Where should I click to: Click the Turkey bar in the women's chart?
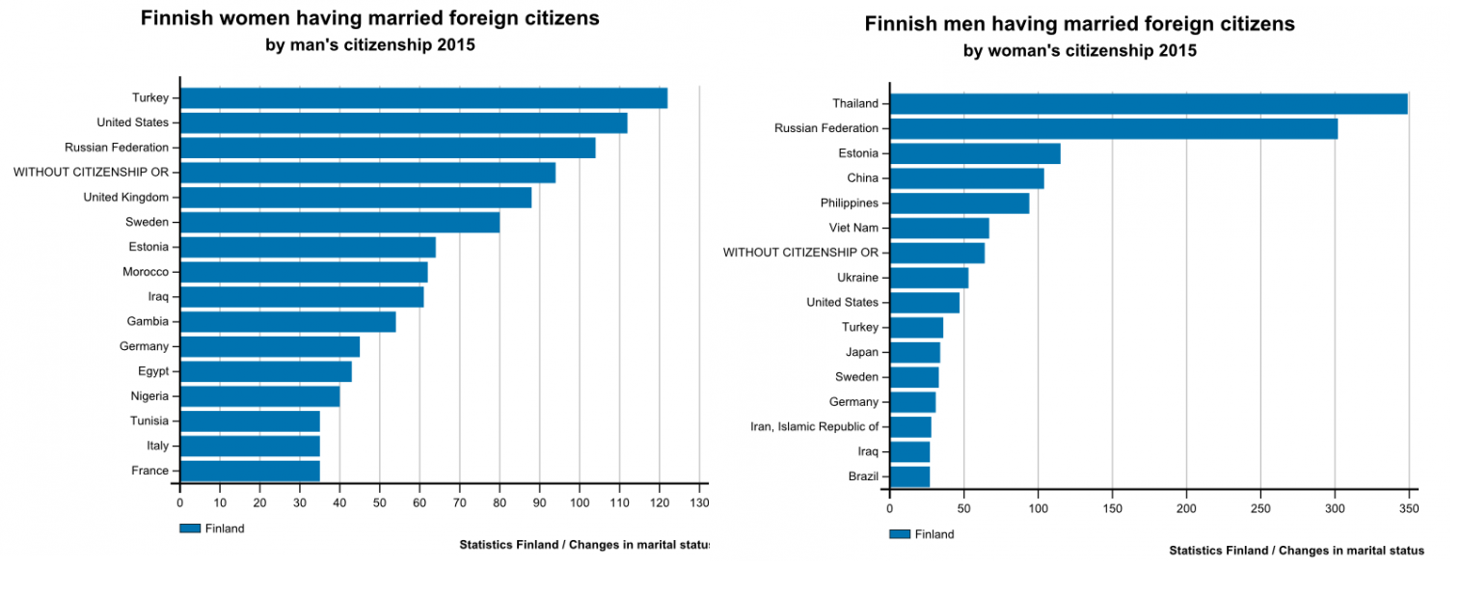tap(423, 97)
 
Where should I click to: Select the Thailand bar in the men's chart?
tap(1148, 103)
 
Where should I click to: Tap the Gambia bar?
tap(287, 321)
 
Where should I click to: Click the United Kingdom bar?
tap(356, 197)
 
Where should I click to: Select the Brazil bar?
tap(909, 476)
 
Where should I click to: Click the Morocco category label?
tap(146, 272)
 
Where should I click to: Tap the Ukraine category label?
tap(857, 278)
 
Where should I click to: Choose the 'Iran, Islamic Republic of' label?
tap(814, 426)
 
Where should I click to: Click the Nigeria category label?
tap(149, 396)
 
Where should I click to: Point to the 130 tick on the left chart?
tap(699, 502)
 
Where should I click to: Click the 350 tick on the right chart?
tap(1409, 507)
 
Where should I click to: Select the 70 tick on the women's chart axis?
tap(459, 502)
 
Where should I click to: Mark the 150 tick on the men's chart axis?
tap(1113, 507)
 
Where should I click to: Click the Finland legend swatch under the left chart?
tap(189, 528)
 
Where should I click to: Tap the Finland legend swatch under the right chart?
tap(899, 533)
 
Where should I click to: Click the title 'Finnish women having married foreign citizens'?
tap(369, 18)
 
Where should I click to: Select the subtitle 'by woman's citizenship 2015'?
tap(1079, 51)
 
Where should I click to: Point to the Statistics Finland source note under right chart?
tap(1296, 550)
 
